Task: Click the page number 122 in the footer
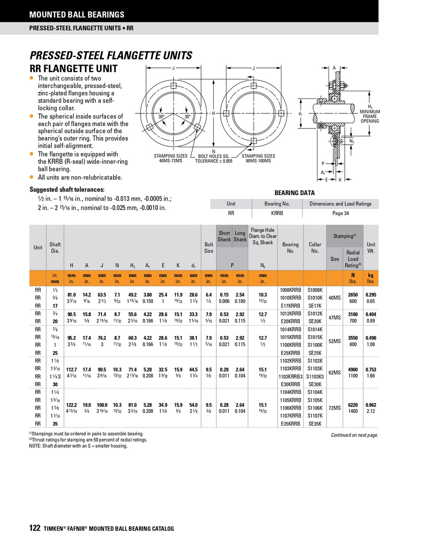pos(35,528)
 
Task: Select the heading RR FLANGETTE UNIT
pos(73,69)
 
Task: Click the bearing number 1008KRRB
pos(290,290)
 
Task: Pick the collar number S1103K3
pos(315,376)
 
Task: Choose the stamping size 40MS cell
pos(334,298)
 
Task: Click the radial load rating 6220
pos(353,405)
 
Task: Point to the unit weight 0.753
pos(371,370)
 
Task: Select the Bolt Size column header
pos(208,247)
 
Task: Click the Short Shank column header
pos(224,236)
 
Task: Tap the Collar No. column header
pos(315,247)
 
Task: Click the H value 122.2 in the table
pos(71,405)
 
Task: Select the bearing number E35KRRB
pos(290,424)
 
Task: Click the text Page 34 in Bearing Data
pos(340,213)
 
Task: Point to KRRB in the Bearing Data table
pos(277,213)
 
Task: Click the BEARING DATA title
pos(294,193)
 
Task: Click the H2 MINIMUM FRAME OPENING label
pos(369,114)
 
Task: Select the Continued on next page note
pos(354,435)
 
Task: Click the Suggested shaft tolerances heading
pos(67,189)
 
